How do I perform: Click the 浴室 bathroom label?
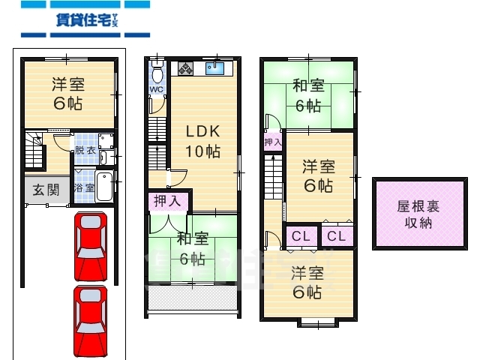click(x=84, y=188)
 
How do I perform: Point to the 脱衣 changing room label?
click(x=84, y=150)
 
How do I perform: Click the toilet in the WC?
click(x=157, y=73)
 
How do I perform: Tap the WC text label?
click(x=156, y=90)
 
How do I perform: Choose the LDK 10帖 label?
click(x=202, y=140)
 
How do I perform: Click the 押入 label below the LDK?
click(x=166, y=200)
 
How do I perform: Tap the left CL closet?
click(x=301, y=236)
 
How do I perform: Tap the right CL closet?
click(x=337, y=236)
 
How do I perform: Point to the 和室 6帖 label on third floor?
click(x=309, y=95)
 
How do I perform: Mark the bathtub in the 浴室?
click(x=106, y=187)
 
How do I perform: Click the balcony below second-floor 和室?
click(x=193, y=300)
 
